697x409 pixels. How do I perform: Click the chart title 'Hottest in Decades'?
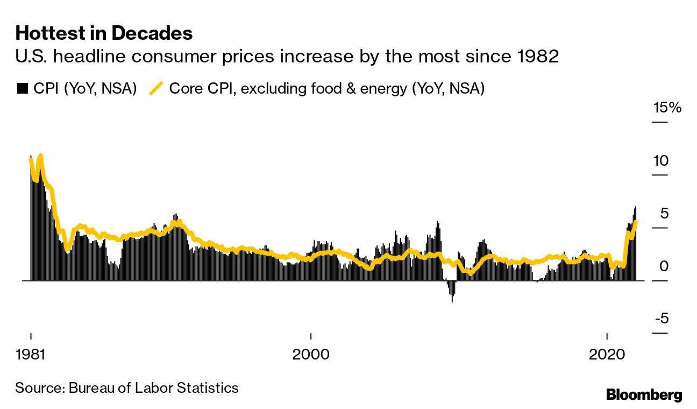[104, 34]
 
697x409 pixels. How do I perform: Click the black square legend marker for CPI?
[22, 88]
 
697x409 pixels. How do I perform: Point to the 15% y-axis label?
[667, 108]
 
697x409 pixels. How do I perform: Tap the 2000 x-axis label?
[310, 356]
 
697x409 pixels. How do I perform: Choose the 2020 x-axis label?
[606, 356]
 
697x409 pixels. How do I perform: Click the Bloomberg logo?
[644, 395]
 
